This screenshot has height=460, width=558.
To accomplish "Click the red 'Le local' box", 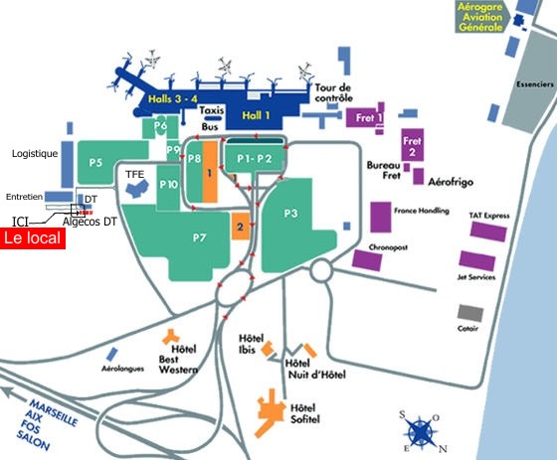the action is (33, 238).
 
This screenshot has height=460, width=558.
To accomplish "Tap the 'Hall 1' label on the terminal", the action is (256, 115).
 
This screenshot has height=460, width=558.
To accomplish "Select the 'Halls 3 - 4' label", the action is (173, 98).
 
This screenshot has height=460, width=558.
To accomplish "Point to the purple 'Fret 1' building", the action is (364, 117).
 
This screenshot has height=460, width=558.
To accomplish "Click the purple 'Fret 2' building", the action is (413, 145).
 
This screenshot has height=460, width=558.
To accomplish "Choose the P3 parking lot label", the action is (290, 214).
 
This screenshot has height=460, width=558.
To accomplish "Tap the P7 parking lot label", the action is (199, 237).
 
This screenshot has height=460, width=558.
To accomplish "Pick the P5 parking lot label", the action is (95, 163).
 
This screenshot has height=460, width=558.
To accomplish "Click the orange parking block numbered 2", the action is (241, 227).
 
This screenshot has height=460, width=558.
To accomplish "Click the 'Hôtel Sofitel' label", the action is (305, 413).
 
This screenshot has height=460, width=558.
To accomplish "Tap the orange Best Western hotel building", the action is (171, 337).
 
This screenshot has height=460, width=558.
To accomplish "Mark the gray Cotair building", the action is (470, 313).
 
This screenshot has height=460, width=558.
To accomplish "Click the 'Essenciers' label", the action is (535, 84).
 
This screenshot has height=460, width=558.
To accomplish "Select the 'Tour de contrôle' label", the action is (333, 92).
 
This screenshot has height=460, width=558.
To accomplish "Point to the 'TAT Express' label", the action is (489, 216).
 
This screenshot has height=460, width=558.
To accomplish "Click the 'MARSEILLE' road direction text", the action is (54, 413).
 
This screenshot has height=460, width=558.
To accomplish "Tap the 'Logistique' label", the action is (35, 154).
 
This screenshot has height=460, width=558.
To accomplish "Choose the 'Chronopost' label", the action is (388, 247).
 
